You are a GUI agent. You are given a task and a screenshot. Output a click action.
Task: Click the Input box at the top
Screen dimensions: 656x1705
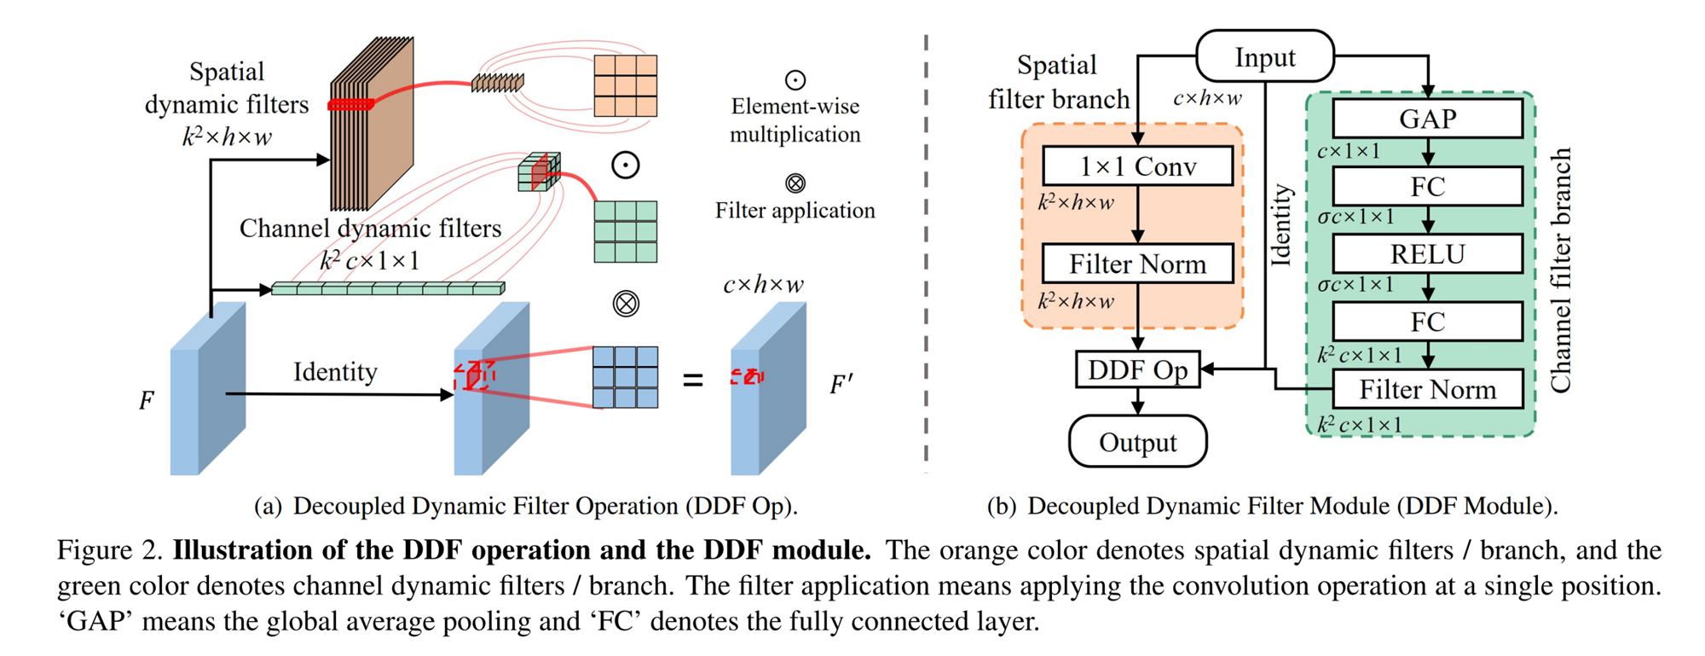point(1265,57)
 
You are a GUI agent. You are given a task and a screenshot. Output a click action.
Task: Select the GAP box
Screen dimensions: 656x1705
point(1427,119)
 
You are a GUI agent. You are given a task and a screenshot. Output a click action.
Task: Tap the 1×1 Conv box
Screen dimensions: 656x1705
point(1137,165)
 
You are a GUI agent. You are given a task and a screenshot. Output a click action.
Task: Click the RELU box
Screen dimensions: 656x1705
point(1427,254)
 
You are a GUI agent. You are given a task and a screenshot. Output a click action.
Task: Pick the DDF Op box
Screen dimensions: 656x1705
point(1137,369)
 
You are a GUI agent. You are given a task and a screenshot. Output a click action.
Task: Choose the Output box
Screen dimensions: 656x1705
point(1137,442)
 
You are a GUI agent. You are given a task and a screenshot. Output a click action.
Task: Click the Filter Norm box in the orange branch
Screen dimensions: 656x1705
point(1137,264)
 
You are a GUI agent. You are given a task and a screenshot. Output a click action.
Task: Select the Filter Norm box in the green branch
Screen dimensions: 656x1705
point(1427,389)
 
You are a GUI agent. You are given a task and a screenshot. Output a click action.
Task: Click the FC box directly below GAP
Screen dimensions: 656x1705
point(1427,186)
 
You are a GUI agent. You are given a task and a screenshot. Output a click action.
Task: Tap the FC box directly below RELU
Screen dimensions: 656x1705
point(1427,322)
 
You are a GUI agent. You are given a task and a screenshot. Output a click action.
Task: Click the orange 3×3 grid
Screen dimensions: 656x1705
point(625,85)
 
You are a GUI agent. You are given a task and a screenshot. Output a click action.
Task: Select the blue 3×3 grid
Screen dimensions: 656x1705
point(625,377)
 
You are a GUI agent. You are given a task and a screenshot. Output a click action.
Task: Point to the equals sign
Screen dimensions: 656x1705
point(693,380)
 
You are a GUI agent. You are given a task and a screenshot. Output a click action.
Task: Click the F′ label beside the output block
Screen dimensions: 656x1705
point(841,386)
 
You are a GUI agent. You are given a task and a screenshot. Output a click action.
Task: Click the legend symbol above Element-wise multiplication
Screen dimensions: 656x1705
point(795,80)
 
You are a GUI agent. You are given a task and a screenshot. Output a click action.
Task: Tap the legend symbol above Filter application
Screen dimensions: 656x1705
point(795,183)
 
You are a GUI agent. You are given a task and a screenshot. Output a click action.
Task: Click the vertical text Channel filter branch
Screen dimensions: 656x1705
point(1560,271)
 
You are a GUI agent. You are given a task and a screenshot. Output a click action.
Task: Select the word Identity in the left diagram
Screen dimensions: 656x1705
point(335,372)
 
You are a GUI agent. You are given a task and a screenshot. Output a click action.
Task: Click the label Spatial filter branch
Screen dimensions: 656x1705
point(1058,82)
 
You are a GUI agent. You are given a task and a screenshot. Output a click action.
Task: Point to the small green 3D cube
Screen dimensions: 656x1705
point(539,171)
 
